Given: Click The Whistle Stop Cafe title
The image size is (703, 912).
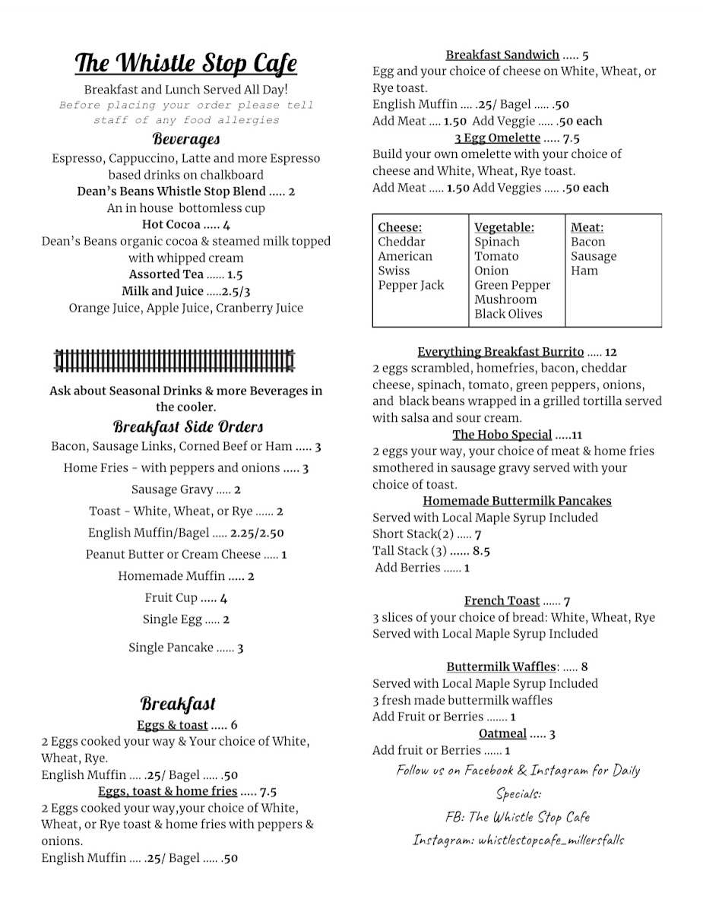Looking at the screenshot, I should coord(186,64).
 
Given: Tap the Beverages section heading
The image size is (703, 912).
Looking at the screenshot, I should coord(186,139).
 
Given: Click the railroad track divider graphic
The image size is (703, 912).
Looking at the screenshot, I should coord(175,359).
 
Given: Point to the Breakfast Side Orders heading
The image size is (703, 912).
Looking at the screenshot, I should coord(188,426).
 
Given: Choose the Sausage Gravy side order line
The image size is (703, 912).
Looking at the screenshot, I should coord(185,489).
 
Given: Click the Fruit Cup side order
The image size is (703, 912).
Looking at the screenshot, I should coord(185,597).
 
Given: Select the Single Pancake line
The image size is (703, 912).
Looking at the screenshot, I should coord(185,648).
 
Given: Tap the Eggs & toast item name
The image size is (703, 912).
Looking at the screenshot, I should coord(173,724).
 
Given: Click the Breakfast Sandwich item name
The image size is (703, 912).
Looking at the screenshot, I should coord(502,55).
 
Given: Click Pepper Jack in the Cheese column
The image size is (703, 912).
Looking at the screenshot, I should coord(411,285).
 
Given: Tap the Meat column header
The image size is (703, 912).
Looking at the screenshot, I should coord(587,227).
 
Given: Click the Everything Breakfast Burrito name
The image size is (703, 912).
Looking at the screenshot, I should coord(501,352).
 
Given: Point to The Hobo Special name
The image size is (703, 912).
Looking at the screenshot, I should coord(502,435).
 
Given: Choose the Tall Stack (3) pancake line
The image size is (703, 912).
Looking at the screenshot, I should coord(431,551).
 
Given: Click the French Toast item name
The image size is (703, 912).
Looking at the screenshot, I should coord(502,600).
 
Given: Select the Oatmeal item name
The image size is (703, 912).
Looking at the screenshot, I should coord(502,733).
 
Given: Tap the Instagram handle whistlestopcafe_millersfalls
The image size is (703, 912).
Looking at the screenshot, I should coord(551,841).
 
